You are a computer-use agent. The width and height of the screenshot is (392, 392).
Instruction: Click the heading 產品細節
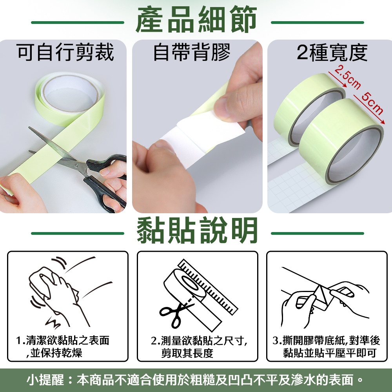click(196, 20)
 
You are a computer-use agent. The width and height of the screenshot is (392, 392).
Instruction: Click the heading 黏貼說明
click(197, 230)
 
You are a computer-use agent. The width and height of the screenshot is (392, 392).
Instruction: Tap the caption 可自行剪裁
click(65, 52)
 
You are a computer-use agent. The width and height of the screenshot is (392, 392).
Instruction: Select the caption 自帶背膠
click(192, 52)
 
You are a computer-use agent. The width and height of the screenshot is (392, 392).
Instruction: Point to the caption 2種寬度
click(332, 53)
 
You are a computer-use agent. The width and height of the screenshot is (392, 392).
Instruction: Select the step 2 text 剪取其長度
click(187, 353)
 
